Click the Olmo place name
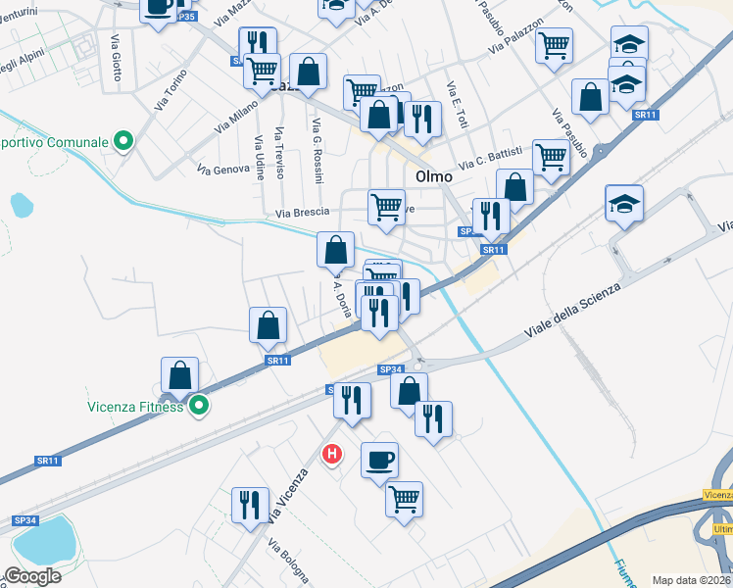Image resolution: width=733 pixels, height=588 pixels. pyautogui.click(x=433, y=177)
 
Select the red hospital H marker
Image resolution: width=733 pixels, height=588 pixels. pyautogui.click(x=332, y=454)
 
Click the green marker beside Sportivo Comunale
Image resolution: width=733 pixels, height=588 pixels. pyautogui.click(x=122, y=142)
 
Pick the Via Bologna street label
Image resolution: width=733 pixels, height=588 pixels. pyautogui.click(x=288, y=563)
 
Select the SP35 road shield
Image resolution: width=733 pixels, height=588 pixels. pyautogui.click(x=187, y=17)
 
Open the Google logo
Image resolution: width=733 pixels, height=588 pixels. pyautogui.click(x=32, y=576)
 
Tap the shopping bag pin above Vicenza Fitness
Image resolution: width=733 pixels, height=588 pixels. pyautogui.click(x=179, y=375)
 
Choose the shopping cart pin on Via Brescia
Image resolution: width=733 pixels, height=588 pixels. pyautogui.click(x=386, y=209)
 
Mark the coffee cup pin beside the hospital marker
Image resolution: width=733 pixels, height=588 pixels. pyautogui.click(x=379, y=460)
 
